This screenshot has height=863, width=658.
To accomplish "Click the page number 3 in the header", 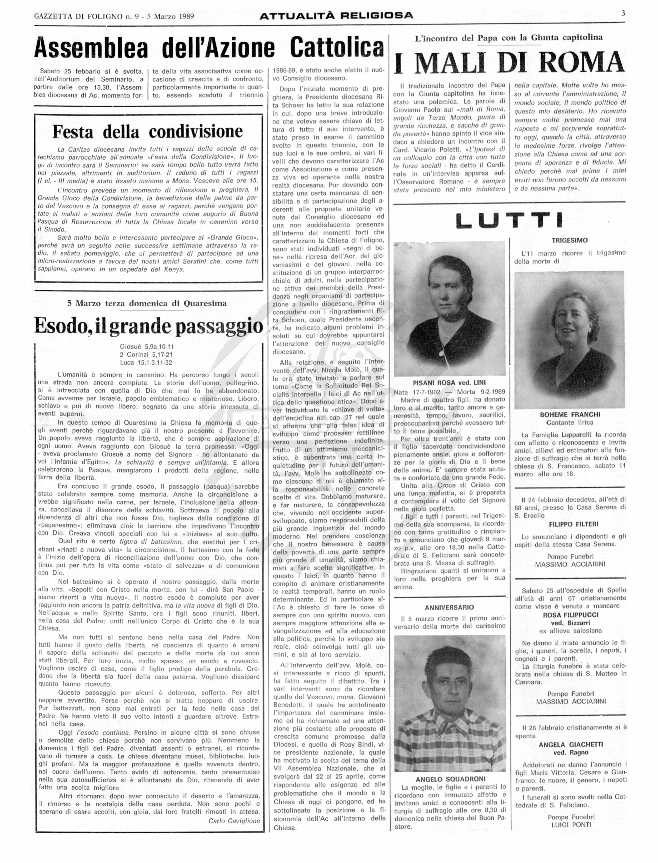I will [623, 13].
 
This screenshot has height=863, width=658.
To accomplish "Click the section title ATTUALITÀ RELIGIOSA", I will [336, 16].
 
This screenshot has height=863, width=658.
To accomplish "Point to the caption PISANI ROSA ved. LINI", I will [449, 383].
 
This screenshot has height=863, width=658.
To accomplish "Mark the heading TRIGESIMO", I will [570, 240].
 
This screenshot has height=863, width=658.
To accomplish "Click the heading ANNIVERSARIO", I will [449, 607].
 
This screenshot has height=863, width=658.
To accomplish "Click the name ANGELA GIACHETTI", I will [571, 744].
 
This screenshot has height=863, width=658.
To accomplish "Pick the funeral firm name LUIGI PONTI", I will [571, 825].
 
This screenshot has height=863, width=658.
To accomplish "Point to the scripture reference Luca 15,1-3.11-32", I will [146, 363].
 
